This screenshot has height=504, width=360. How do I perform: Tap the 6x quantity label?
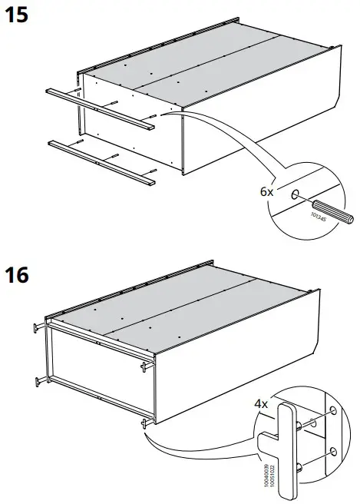[266, 192]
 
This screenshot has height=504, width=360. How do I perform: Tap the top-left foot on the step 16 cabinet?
[37, 328]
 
